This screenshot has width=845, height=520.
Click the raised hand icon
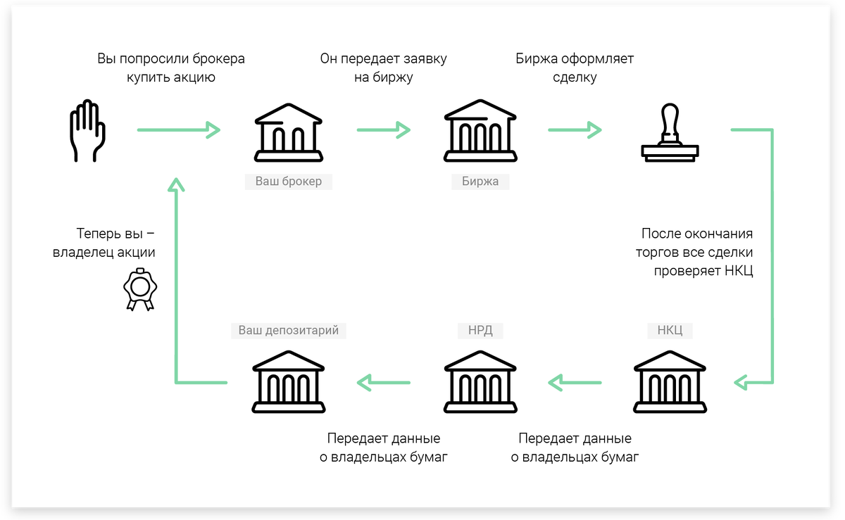87,132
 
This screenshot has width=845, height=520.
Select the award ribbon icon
140,288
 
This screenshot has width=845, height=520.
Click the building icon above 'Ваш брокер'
288,132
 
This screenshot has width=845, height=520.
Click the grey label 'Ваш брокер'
288,182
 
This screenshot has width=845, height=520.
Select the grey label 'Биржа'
480,182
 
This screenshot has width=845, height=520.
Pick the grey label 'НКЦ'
670,330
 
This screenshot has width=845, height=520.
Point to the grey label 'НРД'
480,330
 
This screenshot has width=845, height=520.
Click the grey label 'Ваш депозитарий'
288,330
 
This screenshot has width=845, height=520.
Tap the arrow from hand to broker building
179,129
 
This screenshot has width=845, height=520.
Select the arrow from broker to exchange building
384,129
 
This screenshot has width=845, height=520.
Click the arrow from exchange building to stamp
575,129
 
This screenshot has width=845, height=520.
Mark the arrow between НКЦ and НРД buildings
575,383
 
